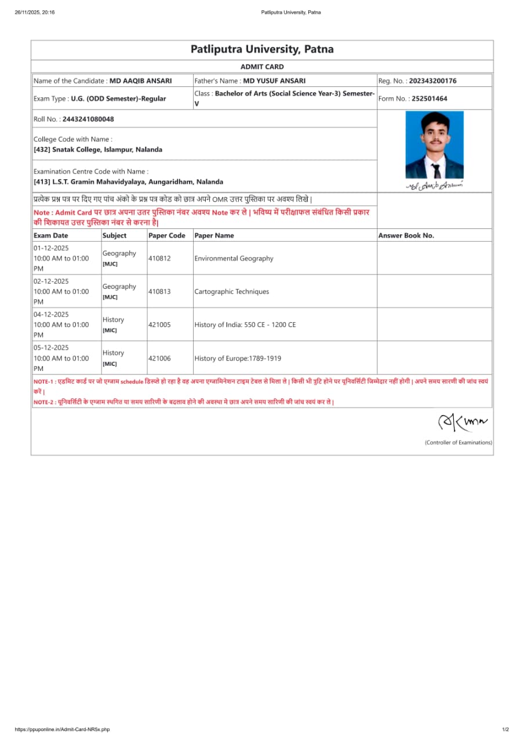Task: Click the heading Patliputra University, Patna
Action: (x=262, y=49)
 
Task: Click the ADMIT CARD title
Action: (x=262, y=67)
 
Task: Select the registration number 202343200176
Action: (x=432, y=81)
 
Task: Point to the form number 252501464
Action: (x=429, y=99)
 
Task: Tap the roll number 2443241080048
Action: (x=88, y=119)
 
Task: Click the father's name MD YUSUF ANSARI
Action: (x=274, y=81)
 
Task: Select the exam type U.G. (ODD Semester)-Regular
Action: (x=118, y=99)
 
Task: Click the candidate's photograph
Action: (x=434, y=145)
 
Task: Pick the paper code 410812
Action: (x=159, y=259)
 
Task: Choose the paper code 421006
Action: (x=159, y=358)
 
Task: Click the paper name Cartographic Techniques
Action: (x=232, y=292)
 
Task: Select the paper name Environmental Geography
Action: (x=234, y=259)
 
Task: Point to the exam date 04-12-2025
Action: (x=51, y=315)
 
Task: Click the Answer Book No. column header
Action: (x=406, y=235)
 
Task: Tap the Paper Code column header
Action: (x=167, y=235)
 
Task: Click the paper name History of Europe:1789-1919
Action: (x=238, y=358)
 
